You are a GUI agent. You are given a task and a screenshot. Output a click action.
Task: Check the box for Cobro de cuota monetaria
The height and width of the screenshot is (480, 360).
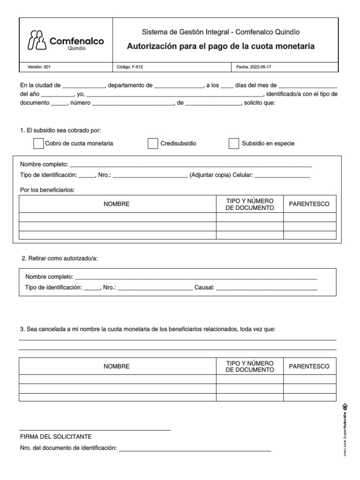click(x=38, y=143)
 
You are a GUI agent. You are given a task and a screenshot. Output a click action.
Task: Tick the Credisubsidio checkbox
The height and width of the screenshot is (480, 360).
click(x=153, y=143)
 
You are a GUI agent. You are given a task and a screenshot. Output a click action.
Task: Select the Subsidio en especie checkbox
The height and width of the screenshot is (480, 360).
click(x=234, y=143)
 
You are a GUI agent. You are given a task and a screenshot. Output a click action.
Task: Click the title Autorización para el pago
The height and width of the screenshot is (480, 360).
click(x=221, y=46)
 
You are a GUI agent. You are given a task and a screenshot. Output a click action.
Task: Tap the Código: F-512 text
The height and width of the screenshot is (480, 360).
click(x=130, y=67)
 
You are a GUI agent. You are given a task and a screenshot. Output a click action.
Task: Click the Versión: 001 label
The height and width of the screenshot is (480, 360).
click(x=39, y=67)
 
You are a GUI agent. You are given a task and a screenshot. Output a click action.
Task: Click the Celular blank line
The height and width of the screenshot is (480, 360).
click(x=282, y=176)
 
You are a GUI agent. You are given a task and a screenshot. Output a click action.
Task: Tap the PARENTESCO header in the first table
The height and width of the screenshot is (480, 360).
click(x=309, y=204)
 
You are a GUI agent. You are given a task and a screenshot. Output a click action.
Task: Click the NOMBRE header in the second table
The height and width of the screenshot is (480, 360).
click(x=117, y=366)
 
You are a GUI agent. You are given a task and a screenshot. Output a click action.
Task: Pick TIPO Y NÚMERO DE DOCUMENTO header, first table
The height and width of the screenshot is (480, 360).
click(x=249, y=204)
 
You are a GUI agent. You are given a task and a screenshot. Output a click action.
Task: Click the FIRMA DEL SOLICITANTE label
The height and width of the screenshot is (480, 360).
click(x=56, y=436)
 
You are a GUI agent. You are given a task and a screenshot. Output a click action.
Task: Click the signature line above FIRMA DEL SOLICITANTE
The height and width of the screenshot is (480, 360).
click(x=95, y=430)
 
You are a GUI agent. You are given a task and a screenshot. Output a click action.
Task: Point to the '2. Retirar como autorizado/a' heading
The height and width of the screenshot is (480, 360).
click(x=60, y=258)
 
